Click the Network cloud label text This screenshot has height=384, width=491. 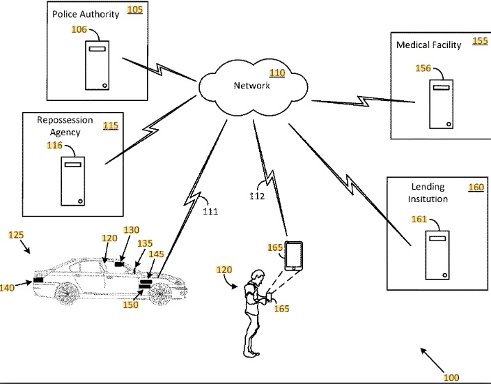tap(251, 85)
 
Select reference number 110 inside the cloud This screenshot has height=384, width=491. tap(277, 72)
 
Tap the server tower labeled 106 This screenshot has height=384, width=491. tap(97, 66)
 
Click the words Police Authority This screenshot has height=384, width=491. tap(86, 14)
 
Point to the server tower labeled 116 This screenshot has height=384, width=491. tap(72, 181)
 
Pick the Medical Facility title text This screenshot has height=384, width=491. tap(429, 45)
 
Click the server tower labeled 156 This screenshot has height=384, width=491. tap(442, 104)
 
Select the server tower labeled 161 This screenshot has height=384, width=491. tap(437, 255)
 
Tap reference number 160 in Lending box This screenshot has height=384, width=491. tap(476, 187)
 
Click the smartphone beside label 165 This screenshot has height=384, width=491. tap(294, 256)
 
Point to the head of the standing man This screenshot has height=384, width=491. tap(258, 277)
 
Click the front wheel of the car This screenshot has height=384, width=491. tap(161, 293)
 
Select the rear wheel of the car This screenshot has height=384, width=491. tap(67, 293)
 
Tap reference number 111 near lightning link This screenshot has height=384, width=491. tap(210, 212)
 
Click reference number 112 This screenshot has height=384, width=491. tap(257, 197)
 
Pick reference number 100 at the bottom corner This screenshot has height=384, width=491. tap(451, 378)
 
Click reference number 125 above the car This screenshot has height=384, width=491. tap(16, 235)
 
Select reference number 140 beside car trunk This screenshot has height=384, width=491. tap(7, 287)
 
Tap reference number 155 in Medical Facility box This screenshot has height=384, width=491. tap(480, 40)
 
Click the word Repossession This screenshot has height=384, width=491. tap(65, 120)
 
